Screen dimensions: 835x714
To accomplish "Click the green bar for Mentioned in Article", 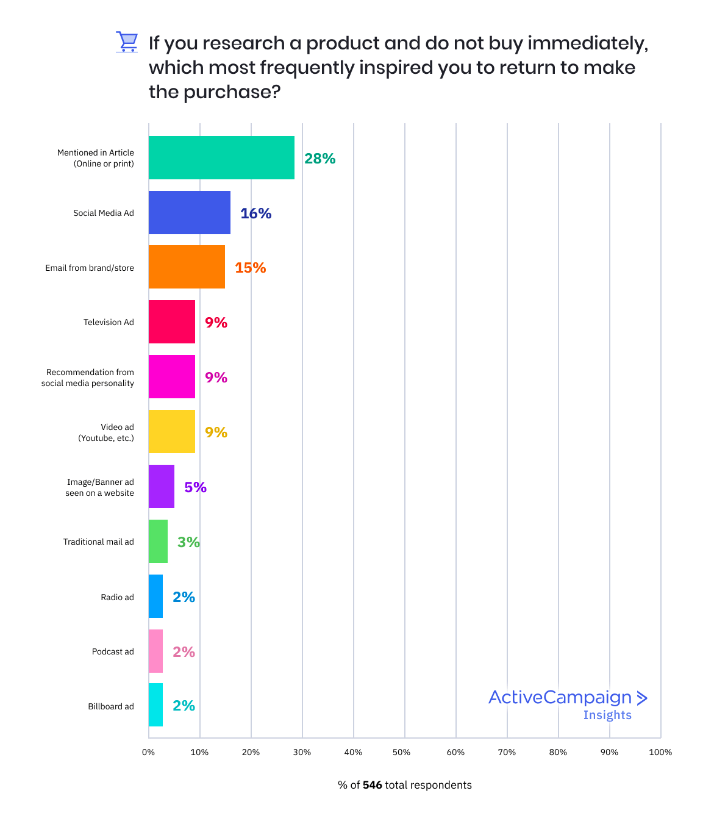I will point(221,158).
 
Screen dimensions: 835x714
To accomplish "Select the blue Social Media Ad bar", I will point(190,213).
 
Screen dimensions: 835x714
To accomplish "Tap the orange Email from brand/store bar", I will point(187,267).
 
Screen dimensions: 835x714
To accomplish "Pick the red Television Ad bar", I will point(172,322).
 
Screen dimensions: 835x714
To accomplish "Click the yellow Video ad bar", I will point(172,432).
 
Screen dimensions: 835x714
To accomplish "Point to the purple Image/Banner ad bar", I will point(162,487).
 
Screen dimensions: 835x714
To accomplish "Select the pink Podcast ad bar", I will point(156,651).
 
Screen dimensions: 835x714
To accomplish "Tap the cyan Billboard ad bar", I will point(156,706).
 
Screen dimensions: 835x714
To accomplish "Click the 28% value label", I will point(320,159).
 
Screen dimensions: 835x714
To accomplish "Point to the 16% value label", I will point(256,213).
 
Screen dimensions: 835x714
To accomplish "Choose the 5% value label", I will point(196,487).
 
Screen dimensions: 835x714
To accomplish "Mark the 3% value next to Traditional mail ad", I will point(189,542).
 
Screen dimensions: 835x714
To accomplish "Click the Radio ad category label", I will point(117,597).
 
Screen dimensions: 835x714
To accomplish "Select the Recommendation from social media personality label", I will point(88,378).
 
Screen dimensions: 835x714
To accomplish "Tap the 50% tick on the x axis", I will point(402,752).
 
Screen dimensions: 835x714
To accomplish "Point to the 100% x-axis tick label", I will point(660,752).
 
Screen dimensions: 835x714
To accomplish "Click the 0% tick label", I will point(148,752).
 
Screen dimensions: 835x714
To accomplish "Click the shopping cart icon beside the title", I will point(127,42).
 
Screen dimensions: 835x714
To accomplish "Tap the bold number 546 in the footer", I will point(372,785).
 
